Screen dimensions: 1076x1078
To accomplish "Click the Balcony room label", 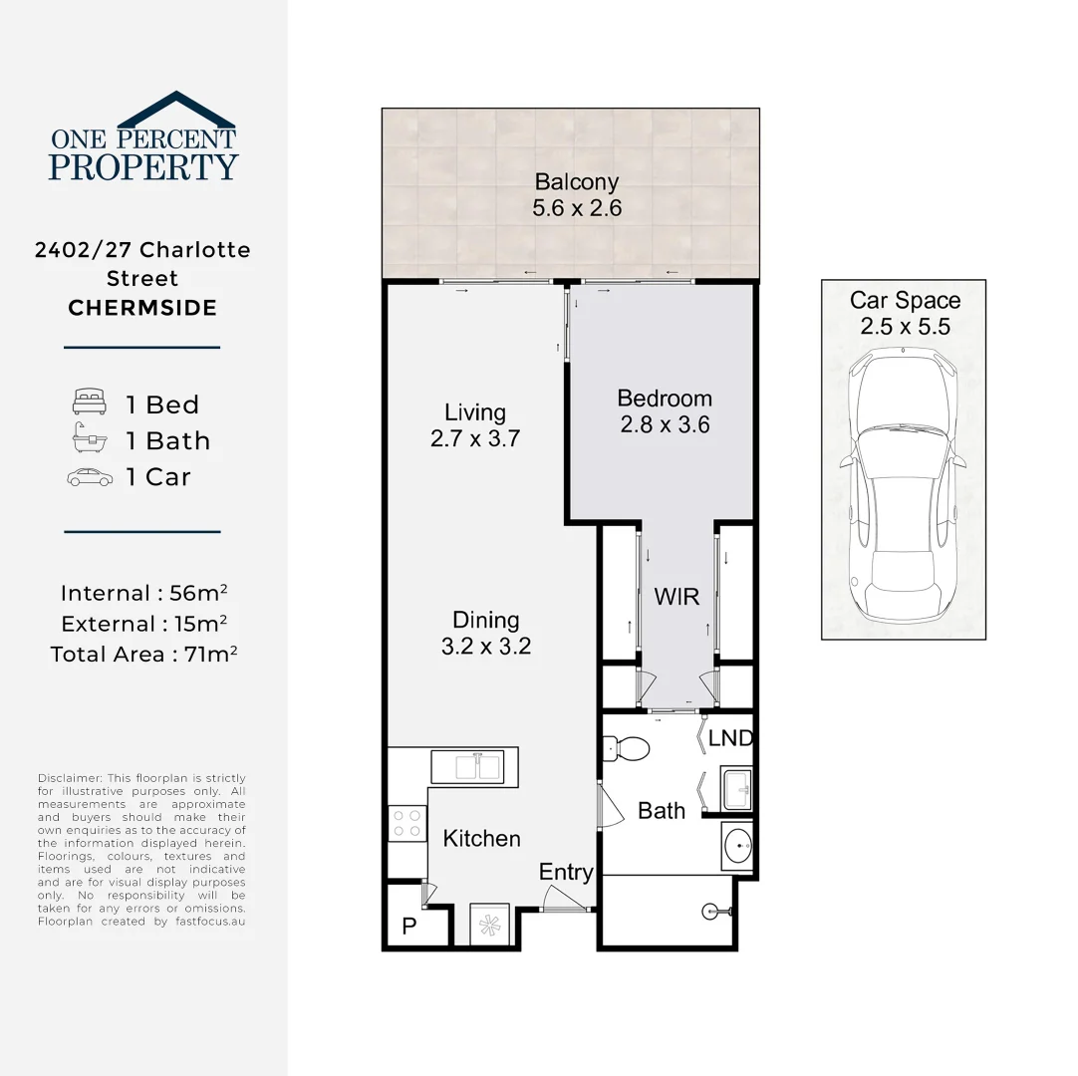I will pyautogui.click(x=577, y=182).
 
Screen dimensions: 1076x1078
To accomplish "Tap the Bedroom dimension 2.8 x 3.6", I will pyautogui.click(x=665, y=424).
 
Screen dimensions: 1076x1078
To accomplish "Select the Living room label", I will pyautogui.click(x=475, y=412).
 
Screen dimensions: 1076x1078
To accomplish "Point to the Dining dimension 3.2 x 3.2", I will pyautogui.click(x=486, y=647).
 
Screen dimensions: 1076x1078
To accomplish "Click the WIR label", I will pyautogui.click(x=676, y=597).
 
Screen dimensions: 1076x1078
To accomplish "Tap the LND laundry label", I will pyautogui.click(x=730, y=739).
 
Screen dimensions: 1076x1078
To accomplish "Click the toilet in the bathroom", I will pyautogui.click(x=627, y=746).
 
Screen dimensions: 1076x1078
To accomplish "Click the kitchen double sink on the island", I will pyautogui.click(x=467, y=767).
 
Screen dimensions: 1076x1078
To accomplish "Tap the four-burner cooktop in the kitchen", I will pyautogui.click(x=407, y=823).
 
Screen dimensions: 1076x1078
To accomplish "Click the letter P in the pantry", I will pyautogui.click(x=408, y=927).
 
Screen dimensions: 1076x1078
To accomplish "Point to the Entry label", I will pyautogui.click(x=566, y=873).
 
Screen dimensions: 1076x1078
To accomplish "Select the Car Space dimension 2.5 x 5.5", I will pyautogui.click(x=905, y=327).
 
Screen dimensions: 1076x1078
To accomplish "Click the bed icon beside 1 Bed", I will pyautogui.click(x=89, y=403).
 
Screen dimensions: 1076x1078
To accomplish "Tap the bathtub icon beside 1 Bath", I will pyautogui.click(x=89, y=439).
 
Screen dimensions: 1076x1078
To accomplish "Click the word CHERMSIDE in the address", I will pyautogui.click(x=142, y=308).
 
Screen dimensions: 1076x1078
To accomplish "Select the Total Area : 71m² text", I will pyautogui.click(x=143, y=655).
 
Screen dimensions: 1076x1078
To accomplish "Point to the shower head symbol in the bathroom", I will pyautogui.click(x=712, y=909).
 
